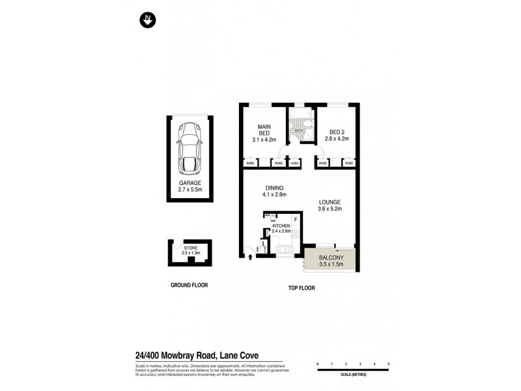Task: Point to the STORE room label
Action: click(190, 248)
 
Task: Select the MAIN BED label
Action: click(264, 130)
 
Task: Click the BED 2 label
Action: click(337, 130)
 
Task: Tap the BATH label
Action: click(300, 131)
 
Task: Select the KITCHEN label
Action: click(281, 225)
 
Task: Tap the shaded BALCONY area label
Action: click(331, 259)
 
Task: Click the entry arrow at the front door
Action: click(250, 256)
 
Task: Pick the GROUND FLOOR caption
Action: click(189, 285)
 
